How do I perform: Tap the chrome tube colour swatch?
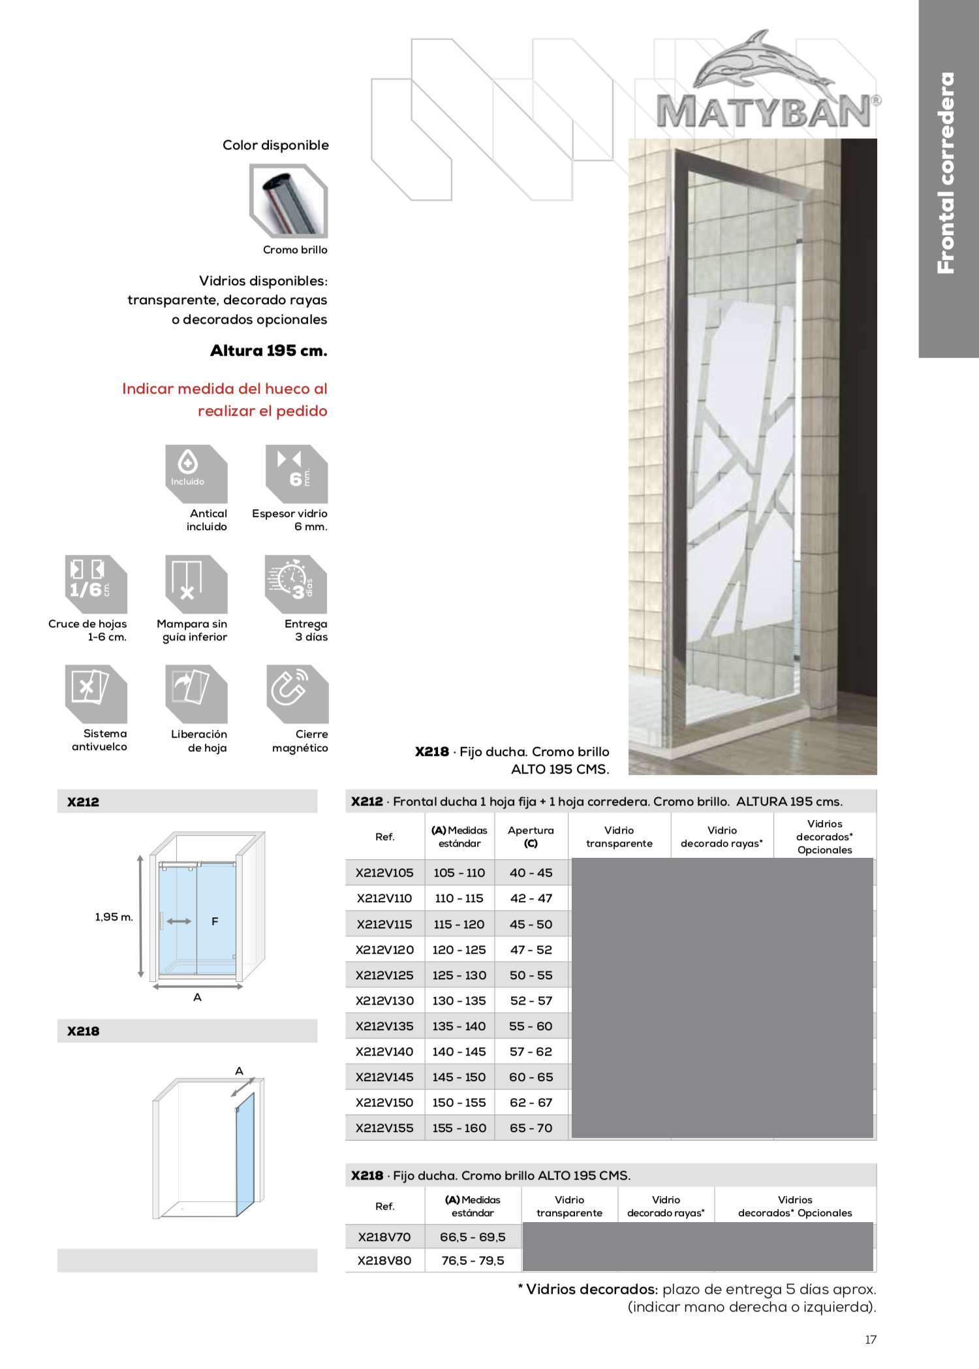pyautogui.click(x=288, y=201)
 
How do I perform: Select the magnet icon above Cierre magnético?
pyautogui.click(x=297, y=693)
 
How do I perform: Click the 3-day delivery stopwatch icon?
pyautogui.click(x=296, y=583)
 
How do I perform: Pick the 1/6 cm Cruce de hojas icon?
pyautogui.click(x=95, y=583)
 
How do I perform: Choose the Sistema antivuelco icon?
pyautogui.click(x=95, y=693)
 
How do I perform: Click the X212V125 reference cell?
pyautogui.click(x=384, y=975)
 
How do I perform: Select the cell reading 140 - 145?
pyautogui.click(x=459, y=1052)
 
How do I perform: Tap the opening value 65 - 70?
pyautogui.click(x=531, y=1128)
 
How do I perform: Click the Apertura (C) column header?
pyautogui.click(x=531, y=836)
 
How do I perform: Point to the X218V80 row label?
pyautogui.click(x=384, y=1261)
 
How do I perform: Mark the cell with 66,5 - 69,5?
pyautogui.click(x=473, y=1237)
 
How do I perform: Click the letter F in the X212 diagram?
pyautogui.click(x=215, y=921)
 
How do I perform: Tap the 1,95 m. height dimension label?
pyautogui.click(x=114, y=917)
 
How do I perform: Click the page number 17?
pyautogui.click(x=871, y=1340)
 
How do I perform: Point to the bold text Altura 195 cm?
pyautogui.click(x=269, y=351)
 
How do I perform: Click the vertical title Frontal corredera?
pyautogui.click(x=946, y=173)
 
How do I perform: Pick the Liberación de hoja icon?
pyautogui.click(x=196, y=693)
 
